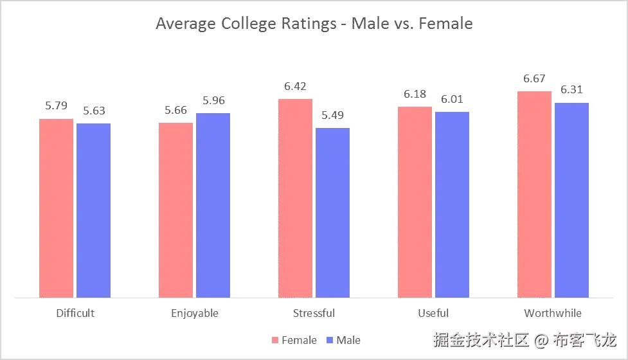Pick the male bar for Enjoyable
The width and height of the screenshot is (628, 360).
[x=213, y=205]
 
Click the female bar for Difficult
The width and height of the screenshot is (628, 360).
[x=56, y=208]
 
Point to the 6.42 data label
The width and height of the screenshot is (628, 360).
[x=295, y=87]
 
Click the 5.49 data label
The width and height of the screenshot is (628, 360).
[x=332, y=116]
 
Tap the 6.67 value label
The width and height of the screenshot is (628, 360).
[x=534, y=79]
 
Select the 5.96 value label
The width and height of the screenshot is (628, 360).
[x=213, y=101]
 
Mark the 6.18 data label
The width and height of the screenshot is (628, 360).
[x=415, y=94]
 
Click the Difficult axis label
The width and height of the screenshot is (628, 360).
[x=75, y=313]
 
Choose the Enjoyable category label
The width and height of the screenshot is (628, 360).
[x=194, y=313]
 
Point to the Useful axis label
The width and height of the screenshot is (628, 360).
[x=433, y=313]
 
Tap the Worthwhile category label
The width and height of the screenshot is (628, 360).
[x=553, y=313]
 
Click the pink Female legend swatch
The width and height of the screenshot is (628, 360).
[x=275, y=340]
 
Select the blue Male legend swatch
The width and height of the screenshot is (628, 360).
[x=330, y=340]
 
